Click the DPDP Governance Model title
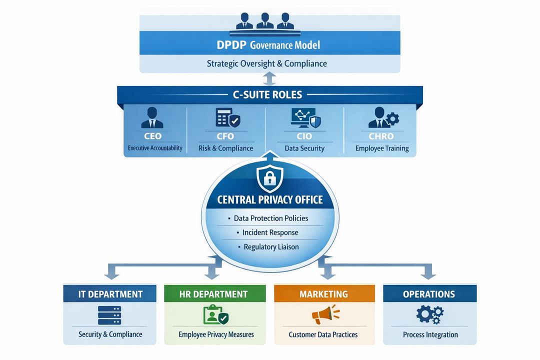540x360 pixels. (x=268, y=45)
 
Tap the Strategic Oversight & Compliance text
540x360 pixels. (x=266, y=63)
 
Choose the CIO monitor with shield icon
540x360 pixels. (x=305, y=118)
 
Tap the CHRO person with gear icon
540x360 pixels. (x=383, y=118)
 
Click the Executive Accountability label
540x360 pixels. (x=155, y=148)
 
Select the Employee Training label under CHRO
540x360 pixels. (x=382, y=148)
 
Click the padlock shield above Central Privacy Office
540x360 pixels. (x=270, y=176)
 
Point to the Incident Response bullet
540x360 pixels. (x=270, y=232)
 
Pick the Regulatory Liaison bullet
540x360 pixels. (x=270, y=246)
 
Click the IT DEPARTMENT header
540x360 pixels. (x=110, y=294)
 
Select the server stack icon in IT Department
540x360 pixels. (x=110, y=315)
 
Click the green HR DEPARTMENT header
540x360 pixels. (x=213, y=294)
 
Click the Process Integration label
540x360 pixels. (x=430, y=334)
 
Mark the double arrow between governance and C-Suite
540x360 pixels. (x=270, y=79)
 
